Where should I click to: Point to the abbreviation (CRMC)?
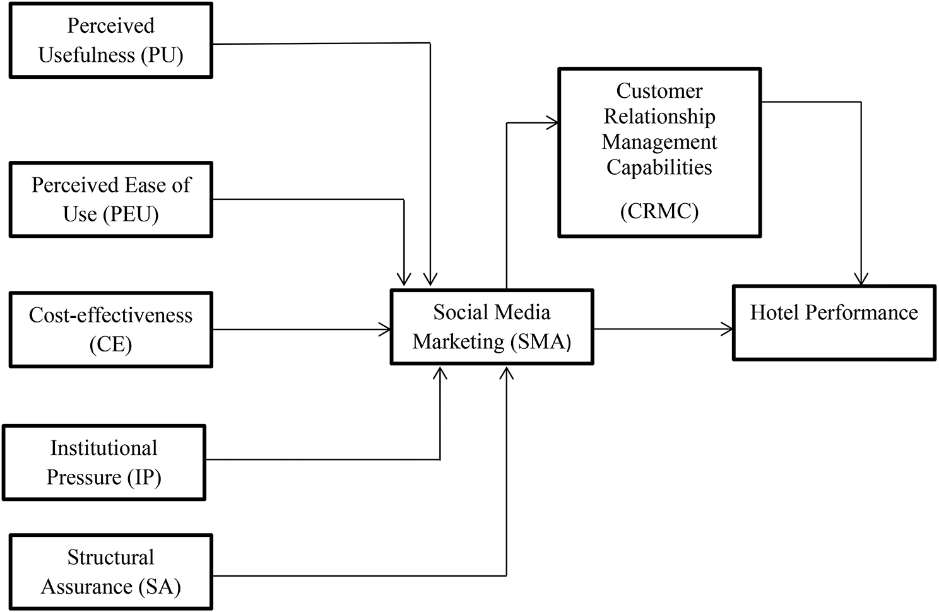(x=659, y=211)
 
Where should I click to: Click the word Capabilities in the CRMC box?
(x=659, y=168)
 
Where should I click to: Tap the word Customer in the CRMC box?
(x=659, y=91)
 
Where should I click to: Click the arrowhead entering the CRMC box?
(x=553, y=123)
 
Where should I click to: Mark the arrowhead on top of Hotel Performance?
(x=861, y=279)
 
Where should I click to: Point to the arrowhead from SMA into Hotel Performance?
(x=728, y=329)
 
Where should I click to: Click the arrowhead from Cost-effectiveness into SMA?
(x=385, y=329)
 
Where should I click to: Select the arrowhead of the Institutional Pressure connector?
(x=440, y=372)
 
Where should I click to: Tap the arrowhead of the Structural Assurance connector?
(x=506, y=372)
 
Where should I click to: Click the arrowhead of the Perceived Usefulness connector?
(x=430, y=279)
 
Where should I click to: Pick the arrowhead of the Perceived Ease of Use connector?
(x=404, y=279)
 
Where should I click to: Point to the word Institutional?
(x=104, y=448)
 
